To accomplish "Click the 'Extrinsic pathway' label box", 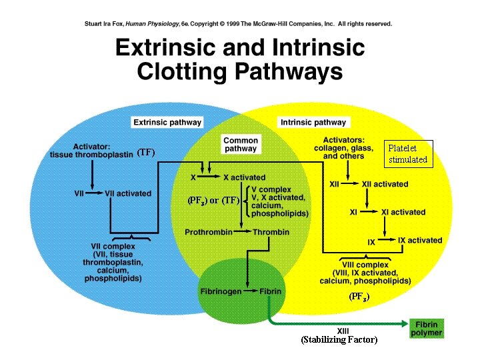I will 167,123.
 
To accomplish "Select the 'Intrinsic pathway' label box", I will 313,123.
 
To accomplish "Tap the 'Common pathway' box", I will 241,145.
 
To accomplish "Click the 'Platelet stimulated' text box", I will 408,155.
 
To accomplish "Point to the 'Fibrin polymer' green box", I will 427,329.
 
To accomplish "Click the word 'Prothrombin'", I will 208,232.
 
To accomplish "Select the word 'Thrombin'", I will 271,232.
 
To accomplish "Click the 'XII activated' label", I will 385,184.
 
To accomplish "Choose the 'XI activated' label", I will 403,212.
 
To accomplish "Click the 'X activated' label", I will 244,177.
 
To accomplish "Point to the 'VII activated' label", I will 128,193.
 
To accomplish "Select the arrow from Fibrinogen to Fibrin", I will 249,291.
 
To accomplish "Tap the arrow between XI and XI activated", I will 370,212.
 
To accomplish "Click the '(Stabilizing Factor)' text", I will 339,340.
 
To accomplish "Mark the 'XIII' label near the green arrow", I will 343,330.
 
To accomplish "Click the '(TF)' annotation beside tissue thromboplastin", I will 145,153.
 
